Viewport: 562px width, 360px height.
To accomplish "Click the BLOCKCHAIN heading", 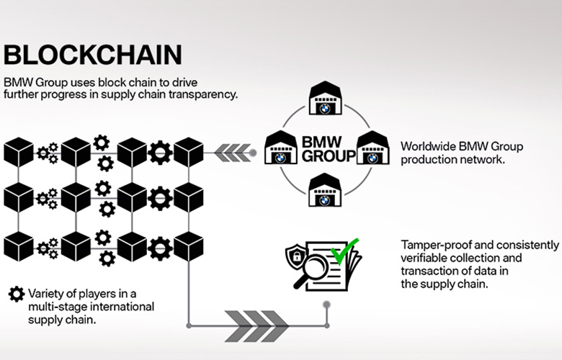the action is [x=93, y=55].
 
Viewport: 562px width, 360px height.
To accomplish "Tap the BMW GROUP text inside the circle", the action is [x=329, y=149].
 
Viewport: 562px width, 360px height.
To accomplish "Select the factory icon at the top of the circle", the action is [x=326, y=98].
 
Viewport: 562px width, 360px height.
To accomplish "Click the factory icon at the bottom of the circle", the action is [x=325, y=190].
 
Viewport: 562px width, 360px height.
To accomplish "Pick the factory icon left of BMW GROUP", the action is [x=281, y=147].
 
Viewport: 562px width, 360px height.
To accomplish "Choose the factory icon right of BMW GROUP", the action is [x=373, y=147].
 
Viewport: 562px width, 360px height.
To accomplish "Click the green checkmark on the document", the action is [x=344, y=251].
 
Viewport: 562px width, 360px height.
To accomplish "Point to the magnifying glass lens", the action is [x=315, y=267].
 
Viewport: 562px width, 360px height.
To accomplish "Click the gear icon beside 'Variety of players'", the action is [x=17, y=294].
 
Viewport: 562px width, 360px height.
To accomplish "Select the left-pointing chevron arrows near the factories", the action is [x=233, y=153].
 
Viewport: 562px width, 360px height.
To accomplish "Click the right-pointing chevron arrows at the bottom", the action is [x=256, y=326].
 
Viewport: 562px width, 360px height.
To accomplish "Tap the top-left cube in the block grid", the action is [x=19, y=152].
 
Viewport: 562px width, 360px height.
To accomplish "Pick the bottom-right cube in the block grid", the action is [x=189, y=246].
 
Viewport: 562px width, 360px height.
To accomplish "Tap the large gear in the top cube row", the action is [x=160, y=153].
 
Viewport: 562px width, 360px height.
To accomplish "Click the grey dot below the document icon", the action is [x=326, y=305].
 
